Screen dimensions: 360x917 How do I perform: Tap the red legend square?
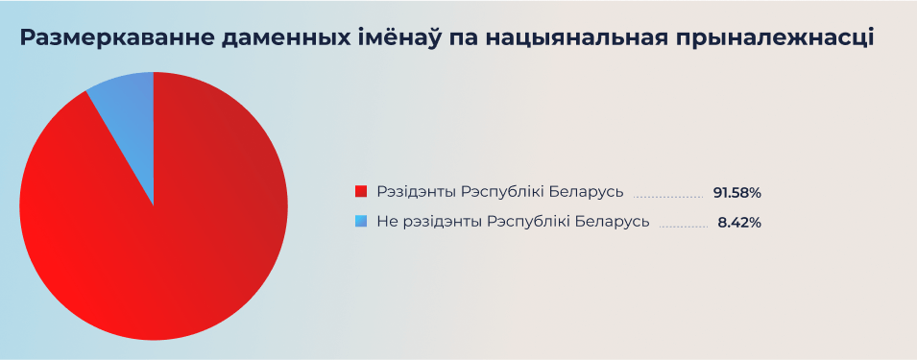click(x=361, y=191)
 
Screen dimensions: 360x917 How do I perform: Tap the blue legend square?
click(x=361, y=221)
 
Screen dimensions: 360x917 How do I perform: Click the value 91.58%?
click(x=736, y=192)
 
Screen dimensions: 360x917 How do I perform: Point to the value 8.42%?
click(x=739, y=222)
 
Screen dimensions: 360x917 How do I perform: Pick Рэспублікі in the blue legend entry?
click(x=534, y=222)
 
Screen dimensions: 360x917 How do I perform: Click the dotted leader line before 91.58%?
click(x=668, y=196)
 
